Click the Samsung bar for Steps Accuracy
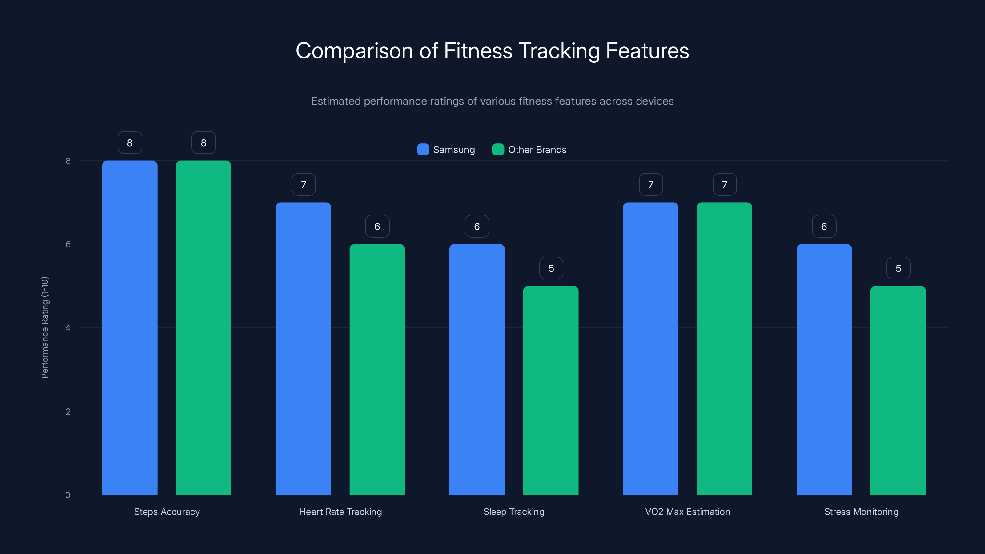click(x=130, y=328)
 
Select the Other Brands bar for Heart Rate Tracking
click(x=377, y=369)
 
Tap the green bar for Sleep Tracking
click(x=551, y=390)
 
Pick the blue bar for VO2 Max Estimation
click(x=650, y=348)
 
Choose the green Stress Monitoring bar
click(x=898, y=390)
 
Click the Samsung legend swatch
click(x=423, y=150)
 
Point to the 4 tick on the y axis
click(x=68, y=328)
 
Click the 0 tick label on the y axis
click(x=68, y=495)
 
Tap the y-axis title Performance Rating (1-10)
click(x=45, y=328)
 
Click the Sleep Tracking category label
click(x=514, y=512)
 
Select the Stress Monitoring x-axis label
click(x=861, y=512)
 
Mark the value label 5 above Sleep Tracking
click(x=551, y=268)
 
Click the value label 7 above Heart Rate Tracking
click(x=304, y=185)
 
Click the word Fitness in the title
click(x=478, y=51)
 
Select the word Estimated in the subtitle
click(x=335, y=101)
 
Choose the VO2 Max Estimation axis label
click(x=688, y=512)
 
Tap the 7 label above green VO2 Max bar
click(x=725, y=185)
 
